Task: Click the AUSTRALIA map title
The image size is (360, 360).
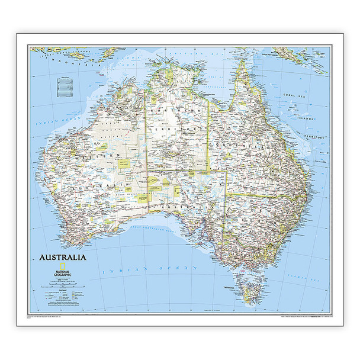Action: [62, 257]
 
